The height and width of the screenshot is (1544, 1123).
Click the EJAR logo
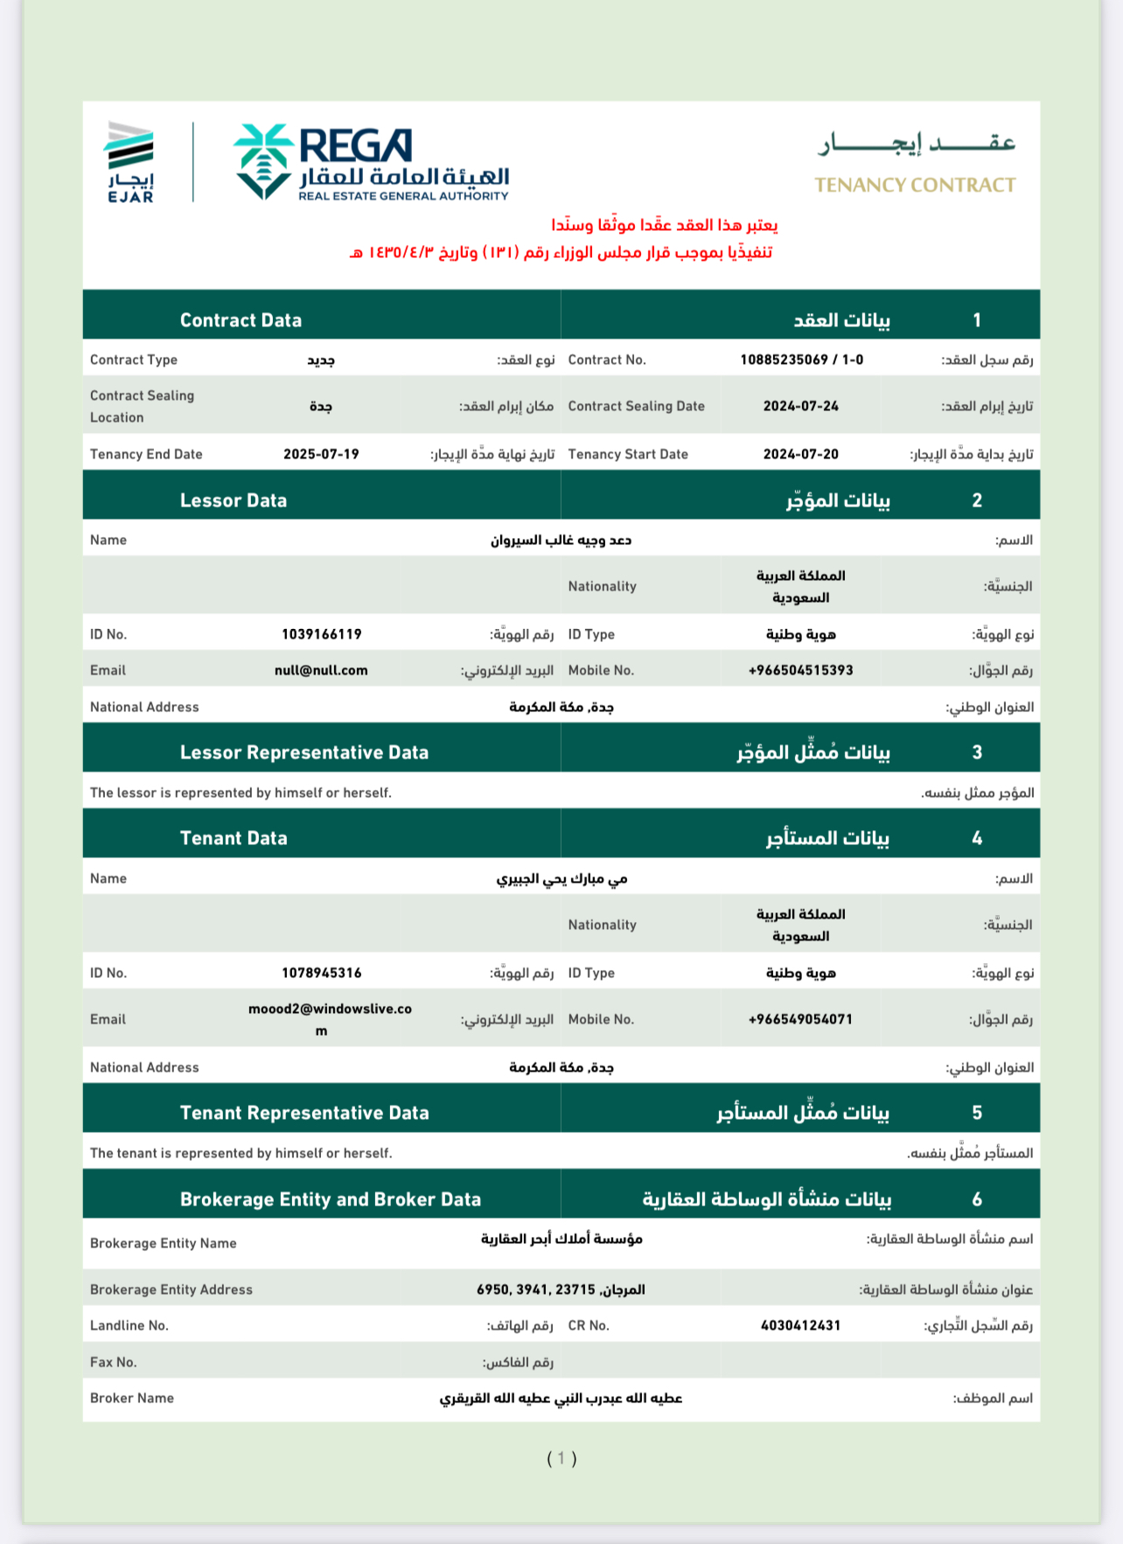130,163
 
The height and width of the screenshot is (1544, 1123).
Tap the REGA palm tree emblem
262,161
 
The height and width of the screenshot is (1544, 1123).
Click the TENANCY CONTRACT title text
915,185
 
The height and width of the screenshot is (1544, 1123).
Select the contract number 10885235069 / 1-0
801,360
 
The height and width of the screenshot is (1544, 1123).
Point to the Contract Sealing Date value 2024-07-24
800,406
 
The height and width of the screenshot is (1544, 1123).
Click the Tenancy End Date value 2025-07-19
321,454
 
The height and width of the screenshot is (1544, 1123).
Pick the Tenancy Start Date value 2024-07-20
800,454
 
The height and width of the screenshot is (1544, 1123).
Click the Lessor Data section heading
234,500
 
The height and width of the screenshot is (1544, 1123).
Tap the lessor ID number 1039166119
321,634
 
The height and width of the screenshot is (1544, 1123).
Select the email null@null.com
321,670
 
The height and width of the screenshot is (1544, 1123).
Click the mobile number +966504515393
800,670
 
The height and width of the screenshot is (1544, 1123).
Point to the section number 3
977,752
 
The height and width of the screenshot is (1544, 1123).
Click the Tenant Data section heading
234,838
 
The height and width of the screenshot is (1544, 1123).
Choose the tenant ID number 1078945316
321,973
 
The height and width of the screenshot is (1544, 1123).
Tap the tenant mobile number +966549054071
800,1019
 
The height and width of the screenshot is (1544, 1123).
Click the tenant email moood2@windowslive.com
329,1010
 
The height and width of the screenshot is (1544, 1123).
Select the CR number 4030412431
800,1325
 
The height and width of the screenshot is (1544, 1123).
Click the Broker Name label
132,1398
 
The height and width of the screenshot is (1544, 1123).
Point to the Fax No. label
114,1362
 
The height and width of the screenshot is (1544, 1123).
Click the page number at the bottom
561,1458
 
